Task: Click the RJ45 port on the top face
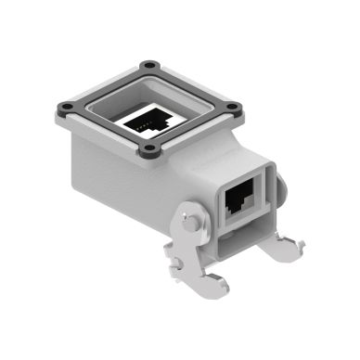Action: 146,119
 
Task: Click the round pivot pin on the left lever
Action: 189,223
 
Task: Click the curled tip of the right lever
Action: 298,246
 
